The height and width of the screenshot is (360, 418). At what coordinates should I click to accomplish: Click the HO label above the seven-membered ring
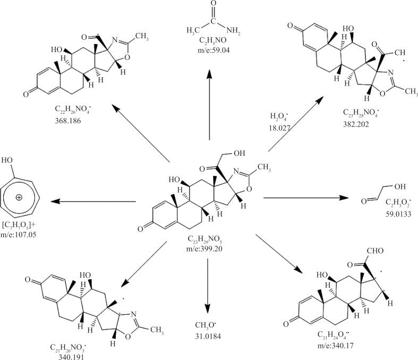pyautogui.click(x=7, y=160)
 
